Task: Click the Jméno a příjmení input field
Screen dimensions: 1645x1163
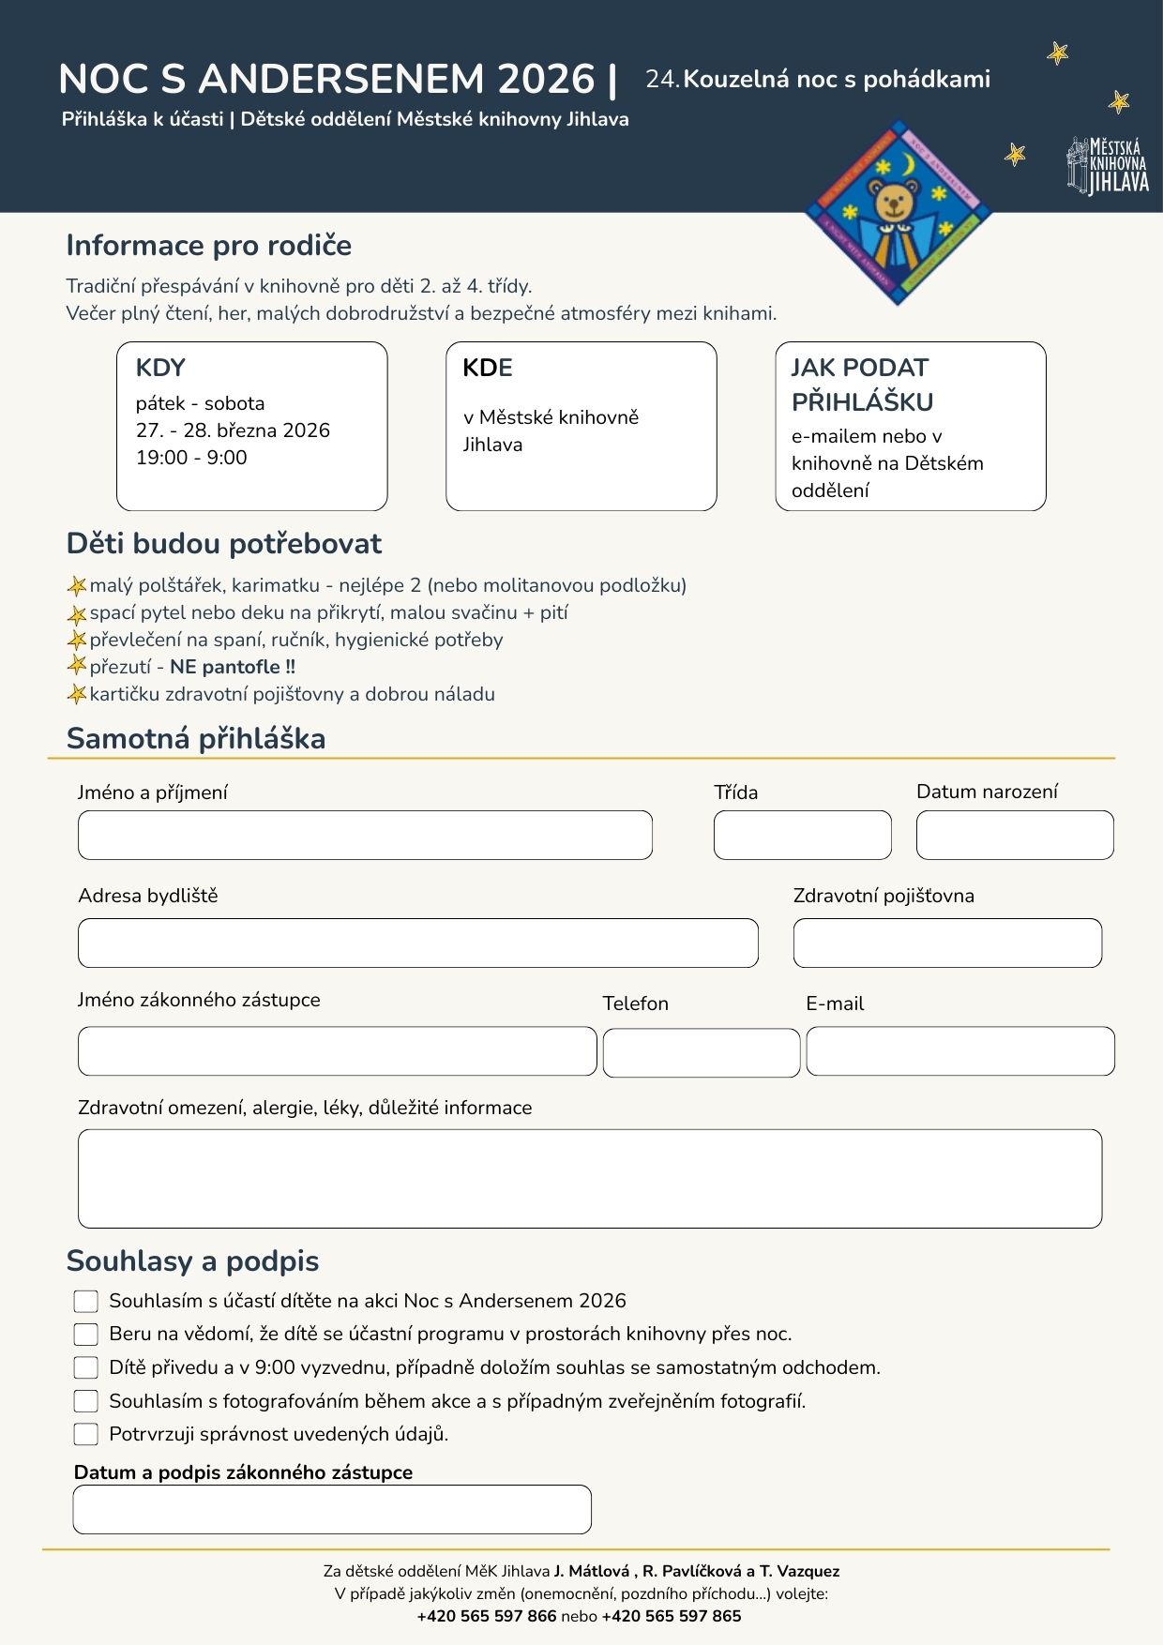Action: pos(365,835)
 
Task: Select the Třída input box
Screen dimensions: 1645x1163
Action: pos(802,835)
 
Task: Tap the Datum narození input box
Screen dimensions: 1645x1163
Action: pos(1015,835)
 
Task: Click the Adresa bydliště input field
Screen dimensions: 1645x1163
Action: pos(417,943)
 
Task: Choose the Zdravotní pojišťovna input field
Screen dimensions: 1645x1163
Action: pos(947,943)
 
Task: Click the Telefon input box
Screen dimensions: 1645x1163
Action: pos(702,1052)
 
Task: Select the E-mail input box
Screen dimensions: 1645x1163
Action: pos(960,1051)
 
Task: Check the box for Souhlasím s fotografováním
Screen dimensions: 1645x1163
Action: pos(85,1401)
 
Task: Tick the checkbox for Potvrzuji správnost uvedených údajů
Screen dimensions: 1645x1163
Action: pos(85,1434)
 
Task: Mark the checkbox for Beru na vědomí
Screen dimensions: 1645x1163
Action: pos(85,1335)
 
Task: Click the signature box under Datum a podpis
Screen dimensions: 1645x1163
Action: pos(332,1509)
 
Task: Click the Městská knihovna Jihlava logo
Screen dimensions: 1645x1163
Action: pos(1108,166)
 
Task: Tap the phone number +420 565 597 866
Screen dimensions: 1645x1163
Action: pos(487,1616)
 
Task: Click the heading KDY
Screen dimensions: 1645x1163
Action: pos(160,368)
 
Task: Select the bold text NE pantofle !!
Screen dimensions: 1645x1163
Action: pos(233,667)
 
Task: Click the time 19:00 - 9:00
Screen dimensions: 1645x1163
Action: pos(191,458)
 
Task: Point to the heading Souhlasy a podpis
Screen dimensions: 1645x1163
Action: pos(192,1261)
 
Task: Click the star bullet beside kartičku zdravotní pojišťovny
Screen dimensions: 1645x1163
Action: pos(77,695)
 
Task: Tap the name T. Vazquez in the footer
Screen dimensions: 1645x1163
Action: pos(799,1571)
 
